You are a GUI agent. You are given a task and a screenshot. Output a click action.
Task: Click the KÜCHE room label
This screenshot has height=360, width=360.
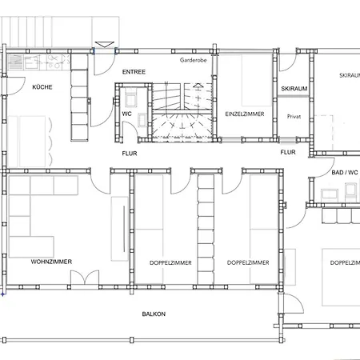(42, 87)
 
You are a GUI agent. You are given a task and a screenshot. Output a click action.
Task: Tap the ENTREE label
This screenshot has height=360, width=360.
(134, 72)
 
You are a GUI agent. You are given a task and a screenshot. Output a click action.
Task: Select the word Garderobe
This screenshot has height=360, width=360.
(194, 60)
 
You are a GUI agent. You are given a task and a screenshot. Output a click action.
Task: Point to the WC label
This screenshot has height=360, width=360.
(126, 114)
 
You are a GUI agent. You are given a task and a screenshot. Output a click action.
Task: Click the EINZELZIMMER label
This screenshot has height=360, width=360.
(245, 114)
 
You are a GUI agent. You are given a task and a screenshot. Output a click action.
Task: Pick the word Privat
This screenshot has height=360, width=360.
(294, 117)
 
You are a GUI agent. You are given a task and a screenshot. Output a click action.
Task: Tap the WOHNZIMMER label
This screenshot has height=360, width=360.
(51, 262)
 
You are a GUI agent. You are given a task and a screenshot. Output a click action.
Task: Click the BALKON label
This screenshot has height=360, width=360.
(154, 314)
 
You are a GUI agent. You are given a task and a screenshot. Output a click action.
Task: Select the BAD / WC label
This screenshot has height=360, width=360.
(345, 173)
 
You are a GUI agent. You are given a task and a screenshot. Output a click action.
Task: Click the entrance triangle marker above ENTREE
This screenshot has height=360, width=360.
(105, 45)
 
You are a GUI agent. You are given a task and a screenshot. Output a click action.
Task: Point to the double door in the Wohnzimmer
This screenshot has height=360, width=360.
(85, 278)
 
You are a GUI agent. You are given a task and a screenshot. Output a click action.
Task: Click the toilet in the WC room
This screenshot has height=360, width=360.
(130, 98)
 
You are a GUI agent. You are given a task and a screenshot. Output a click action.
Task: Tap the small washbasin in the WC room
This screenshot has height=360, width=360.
(142, 119)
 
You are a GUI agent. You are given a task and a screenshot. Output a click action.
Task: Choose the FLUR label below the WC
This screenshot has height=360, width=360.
(130, 154)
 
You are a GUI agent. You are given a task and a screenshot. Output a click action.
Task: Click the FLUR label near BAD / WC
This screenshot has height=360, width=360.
(288, 152)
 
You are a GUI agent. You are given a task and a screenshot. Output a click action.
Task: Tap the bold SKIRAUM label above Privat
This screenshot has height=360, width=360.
(294, 89)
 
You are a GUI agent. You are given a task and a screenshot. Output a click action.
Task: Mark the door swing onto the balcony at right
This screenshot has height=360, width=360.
(294, 303)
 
